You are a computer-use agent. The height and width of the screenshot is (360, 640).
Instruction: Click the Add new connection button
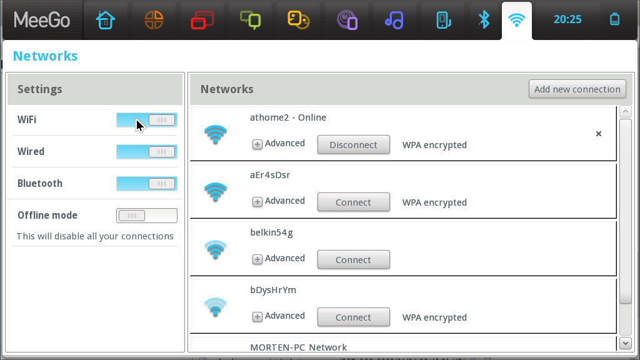tap(577, 89)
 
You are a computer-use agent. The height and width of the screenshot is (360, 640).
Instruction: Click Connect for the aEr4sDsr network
tap(354, 202)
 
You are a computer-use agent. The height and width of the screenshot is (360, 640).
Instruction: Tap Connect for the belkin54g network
tap(354, 259)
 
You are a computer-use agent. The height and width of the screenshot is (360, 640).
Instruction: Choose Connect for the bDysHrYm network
tap(354, 317)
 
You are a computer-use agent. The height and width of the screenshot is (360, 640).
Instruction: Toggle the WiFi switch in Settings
tap(146, 120)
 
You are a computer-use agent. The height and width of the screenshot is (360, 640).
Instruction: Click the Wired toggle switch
tap(146, 152)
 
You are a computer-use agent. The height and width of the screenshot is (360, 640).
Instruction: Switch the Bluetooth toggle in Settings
tap(146, 184)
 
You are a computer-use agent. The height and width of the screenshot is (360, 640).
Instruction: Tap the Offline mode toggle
tap(146, 216)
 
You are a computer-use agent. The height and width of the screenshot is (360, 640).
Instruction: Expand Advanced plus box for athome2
tap(257, 144)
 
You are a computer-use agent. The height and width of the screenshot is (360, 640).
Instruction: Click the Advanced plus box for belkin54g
tap(257, 259)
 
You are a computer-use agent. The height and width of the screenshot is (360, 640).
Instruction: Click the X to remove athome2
tap(598, 134)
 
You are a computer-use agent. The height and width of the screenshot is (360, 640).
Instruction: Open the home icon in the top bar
tap(106, 20)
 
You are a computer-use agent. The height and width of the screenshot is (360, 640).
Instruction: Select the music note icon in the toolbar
tap(394, 20)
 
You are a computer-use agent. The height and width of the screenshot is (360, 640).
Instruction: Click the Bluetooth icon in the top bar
tap(484, 19)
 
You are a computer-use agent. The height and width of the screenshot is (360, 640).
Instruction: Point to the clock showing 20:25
tap(567, 19)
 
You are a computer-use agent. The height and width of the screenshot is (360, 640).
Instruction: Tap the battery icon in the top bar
tap(615, 19)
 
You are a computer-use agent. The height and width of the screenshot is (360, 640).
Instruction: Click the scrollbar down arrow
tap(625, 343)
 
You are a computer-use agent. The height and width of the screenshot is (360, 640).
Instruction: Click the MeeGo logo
tap(42, 20)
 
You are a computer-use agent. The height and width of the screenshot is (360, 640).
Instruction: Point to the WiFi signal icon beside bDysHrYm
tap(216, 307)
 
